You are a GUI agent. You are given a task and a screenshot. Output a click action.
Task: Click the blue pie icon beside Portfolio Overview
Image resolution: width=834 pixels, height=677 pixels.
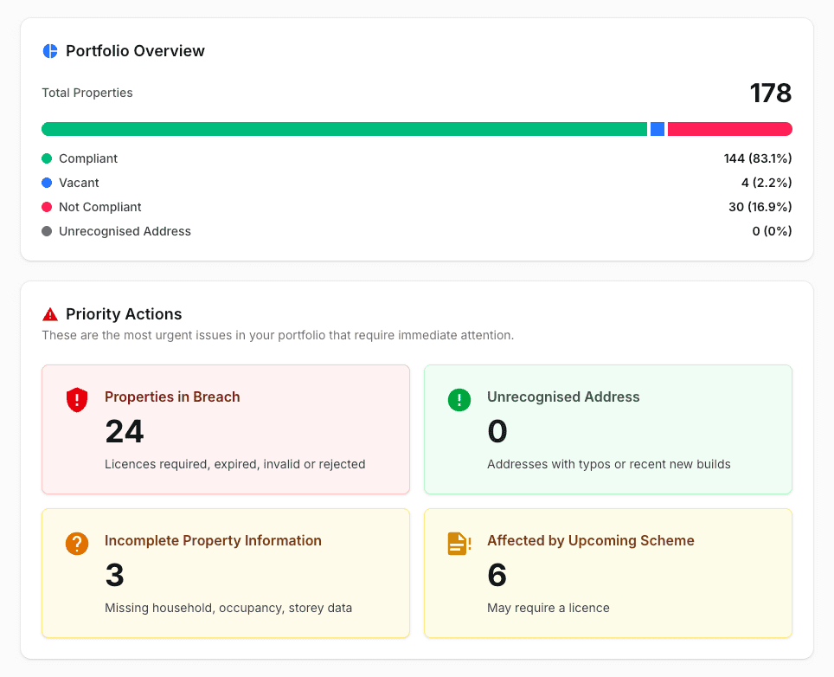50,51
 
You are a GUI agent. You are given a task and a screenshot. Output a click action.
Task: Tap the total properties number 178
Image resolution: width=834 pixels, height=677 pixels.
771,93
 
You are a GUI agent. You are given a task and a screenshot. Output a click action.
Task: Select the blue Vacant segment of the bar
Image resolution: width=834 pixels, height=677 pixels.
658,129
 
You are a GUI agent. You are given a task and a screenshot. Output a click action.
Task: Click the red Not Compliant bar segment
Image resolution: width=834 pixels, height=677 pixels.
730,129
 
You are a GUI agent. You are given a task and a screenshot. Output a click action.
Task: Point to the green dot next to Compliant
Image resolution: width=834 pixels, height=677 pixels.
47,158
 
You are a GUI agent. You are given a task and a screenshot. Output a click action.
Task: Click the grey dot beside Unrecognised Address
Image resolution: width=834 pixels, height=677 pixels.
47,231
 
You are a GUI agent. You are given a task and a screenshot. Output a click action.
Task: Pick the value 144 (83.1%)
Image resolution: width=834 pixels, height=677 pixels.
757,158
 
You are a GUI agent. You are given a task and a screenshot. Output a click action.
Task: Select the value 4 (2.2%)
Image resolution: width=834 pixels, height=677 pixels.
767,183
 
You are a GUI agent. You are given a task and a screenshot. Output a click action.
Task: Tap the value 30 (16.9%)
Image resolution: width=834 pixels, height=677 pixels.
760,207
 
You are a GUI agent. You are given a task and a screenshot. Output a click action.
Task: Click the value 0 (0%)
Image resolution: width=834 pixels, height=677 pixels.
772,231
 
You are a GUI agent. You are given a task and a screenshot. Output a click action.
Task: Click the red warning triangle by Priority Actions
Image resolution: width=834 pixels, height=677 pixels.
50,314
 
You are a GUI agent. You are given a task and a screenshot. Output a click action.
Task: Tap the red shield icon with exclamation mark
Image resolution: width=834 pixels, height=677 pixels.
77,400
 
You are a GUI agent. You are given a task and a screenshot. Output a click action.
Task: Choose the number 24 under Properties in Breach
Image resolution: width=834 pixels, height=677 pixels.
125,431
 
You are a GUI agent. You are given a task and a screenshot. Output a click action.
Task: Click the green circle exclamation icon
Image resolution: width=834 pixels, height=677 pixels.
459,400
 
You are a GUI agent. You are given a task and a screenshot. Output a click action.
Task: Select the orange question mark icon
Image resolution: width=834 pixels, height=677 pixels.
77,544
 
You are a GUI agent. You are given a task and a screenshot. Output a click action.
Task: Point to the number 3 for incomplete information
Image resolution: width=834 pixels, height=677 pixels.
115,575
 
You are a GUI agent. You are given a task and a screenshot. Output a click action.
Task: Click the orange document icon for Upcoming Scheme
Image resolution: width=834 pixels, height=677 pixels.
459,544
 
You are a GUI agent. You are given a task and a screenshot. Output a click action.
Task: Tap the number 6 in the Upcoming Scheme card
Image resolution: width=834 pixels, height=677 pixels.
497,575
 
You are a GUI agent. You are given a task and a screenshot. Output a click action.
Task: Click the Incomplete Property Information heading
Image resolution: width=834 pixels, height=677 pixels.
213,541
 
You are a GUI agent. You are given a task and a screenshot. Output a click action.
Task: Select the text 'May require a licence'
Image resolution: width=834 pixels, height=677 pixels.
549,608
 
